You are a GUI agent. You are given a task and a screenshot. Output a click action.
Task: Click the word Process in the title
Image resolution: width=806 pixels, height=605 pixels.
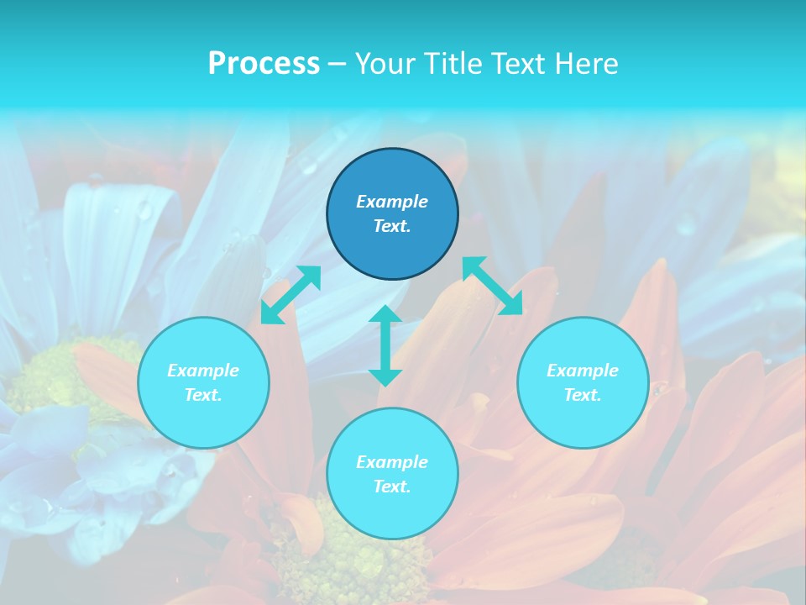[x=264, y=64]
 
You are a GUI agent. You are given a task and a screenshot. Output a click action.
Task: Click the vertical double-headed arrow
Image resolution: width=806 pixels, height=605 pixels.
[x=385, y=345]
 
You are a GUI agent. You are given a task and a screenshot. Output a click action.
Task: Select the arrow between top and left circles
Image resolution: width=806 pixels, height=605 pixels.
[x=290, y=295]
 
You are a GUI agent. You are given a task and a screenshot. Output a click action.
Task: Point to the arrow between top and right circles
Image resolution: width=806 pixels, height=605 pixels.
[x=493, y=286]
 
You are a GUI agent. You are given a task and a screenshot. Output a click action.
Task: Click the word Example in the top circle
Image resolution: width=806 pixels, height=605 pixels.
[x=392, y=202]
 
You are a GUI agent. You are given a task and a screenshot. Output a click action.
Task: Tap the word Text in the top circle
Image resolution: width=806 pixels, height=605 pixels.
[x=392, y=226]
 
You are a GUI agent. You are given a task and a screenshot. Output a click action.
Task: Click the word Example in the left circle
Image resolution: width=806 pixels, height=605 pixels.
[x=203, y=371]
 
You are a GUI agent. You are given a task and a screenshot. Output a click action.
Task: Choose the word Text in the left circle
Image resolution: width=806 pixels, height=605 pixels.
[x=203, y=395]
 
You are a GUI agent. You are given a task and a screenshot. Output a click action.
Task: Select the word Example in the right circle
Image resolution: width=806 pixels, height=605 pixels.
[x=583, y=371]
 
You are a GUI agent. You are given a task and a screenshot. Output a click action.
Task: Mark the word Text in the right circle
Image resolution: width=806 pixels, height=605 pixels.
[x=583, y=395]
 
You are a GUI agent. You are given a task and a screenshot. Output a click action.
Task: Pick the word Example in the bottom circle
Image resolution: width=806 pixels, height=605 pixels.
[x=392, y=462]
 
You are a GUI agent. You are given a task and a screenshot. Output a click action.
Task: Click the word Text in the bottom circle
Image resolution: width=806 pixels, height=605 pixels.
[x=392, y=487]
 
